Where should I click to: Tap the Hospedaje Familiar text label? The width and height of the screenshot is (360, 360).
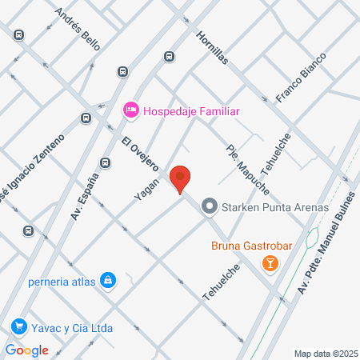click(x=192, y=111)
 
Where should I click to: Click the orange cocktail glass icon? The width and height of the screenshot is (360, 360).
click(x=272, y=262)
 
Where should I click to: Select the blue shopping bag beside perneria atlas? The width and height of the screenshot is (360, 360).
click(x=106, y=281)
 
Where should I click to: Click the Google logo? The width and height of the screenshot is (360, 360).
click(x=27, y=350)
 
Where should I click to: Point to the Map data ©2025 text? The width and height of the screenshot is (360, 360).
click(x=326, y=353)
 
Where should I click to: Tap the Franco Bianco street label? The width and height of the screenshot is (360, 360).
click(x=302, y=78)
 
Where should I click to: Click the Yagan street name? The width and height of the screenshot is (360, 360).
click(x=146, y=189)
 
